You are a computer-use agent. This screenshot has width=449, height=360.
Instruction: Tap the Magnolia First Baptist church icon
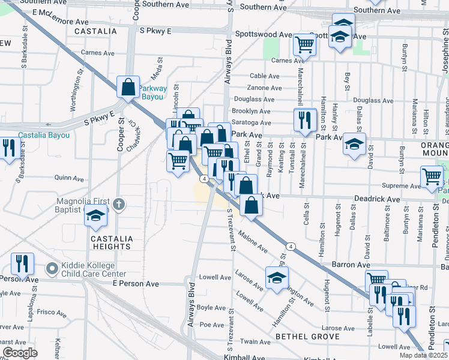(x=119, y=205)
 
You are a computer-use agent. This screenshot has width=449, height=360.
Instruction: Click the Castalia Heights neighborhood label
(x=111, y=242)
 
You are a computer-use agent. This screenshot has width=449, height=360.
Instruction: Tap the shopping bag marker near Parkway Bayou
(x=128, y=87)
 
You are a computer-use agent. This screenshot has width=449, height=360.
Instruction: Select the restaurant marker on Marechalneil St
(x=306, y=119)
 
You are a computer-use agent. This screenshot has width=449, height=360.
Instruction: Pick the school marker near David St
(x=355, y=144)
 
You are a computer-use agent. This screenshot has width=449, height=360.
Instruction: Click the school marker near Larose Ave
(x=277, y=278)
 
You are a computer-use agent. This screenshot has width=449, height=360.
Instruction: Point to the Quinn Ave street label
(x=69, y=178)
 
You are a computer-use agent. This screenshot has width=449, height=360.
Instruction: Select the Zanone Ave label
(x=265, y=88)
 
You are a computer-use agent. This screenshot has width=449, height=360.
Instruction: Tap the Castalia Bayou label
(x=43, y=135)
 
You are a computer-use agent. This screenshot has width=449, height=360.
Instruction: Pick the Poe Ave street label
(x=211, y=325)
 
